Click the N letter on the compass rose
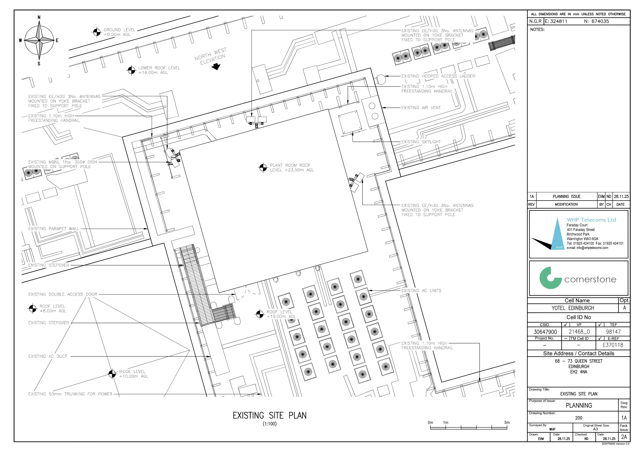[x=39, y=17]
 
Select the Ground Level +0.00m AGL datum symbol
[x=97, y=32]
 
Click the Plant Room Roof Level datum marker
[x=263, y=168]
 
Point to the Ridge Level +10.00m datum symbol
[x=112, y=374]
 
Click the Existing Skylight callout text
[x=421, y=142]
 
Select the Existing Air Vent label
[x=421, y=108]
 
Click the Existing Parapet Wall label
[x=54, y=229]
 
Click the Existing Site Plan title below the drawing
[x=269, y=415]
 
